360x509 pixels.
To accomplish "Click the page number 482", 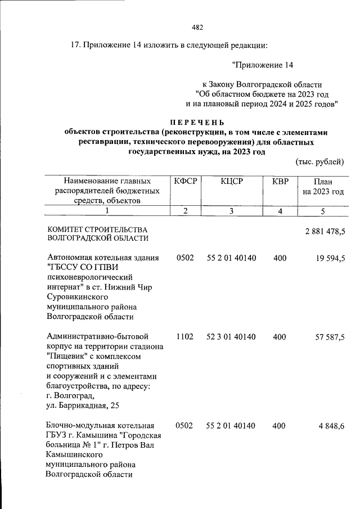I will point(197,27).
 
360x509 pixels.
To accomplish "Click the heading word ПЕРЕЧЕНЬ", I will point(197,123).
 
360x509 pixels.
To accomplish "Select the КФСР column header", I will point(184,182).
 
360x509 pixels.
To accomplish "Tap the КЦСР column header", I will point(231,182).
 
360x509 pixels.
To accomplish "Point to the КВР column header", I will point(280,182).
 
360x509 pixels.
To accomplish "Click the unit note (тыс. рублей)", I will point(319,163).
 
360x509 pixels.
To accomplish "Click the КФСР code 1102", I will point(184,337).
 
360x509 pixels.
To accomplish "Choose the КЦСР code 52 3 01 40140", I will point(231,337).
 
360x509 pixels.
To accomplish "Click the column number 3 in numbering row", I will point(231,210).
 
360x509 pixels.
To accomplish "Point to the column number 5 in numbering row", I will point(322,210).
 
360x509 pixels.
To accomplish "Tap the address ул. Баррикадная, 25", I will point(84,406).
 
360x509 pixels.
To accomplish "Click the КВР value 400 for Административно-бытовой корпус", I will point(279,337).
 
